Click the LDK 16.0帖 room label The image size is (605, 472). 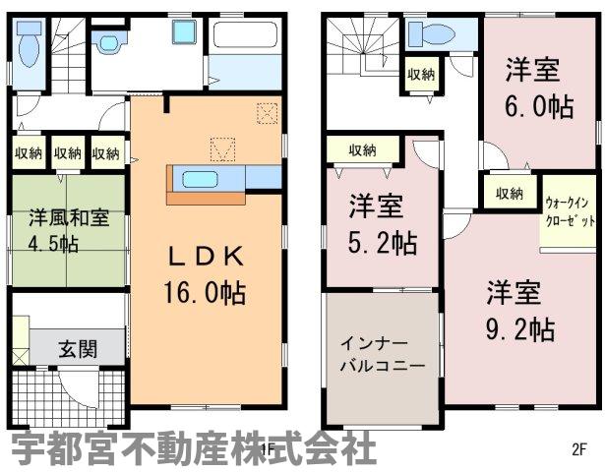[x=205, y=274]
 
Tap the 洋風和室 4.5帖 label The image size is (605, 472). [x=69, y=231]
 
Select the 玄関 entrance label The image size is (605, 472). [x=78, y=349]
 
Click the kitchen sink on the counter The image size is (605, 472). [x=201, y=179]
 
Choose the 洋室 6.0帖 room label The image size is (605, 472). [x=539, y=88]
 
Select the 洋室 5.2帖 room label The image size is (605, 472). [x=382, y=224]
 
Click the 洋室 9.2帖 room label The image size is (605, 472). [x=519, y=311]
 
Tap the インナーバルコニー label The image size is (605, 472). [x=382, y=354]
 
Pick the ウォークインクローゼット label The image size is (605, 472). [x=570, y=211]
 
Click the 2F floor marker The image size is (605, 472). [x=578, y=449]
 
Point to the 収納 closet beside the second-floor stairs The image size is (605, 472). [x=421, y=75]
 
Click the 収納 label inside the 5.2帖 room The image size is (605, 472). [x=362, y=149]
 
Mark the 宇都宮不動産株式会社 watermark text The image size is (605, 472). [x=194, y=448]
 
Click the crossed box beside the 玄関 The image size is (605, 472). [x=20, y=356]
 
